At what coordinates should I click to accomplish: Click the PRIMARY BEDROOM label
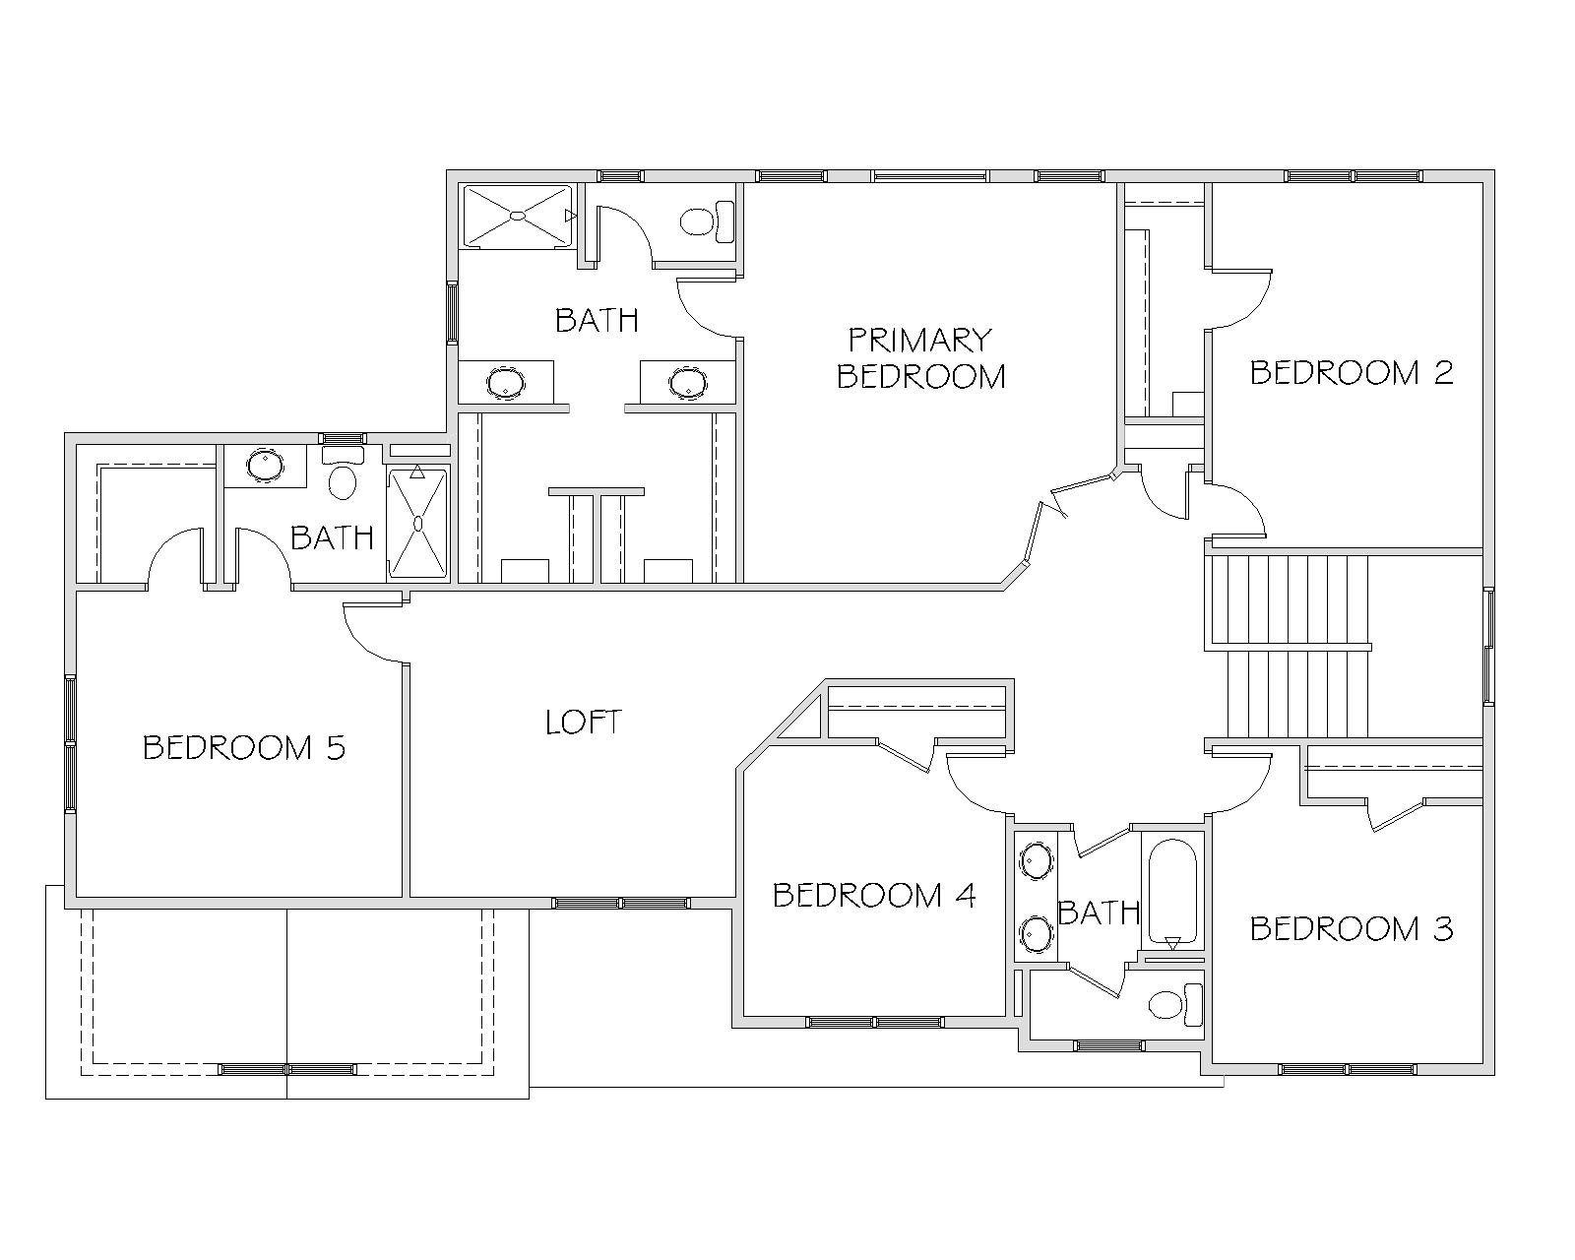[920, 358]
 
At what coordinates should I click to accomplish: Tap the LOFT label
[584, 722]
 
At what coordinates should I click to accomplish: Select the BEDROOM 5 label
[244, 747]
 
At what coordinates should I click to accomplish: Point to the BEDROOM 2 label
[1351, 373]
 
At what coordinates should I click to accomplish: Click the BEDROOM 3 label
[1351, 929]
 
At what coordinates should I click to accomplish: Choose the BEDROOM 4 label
[874, 896]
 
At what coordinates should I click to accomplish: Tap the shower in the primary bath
[518, 216]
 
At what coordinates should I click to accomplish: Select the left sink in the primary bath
[506, 382]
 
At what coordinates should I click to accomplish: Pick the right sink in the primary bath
[688, 382]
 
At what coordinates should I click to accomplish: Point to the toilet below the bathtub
[1175, 1004]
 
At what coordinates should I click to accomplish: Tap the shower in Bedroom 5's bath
[417, 523]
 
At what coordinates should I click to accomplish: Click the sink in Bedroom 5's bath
[265, 465]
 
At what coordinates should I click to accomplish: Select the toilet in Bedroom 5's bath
[343, 473]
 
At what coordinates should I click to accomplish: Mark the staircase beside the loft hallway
[1288, 646]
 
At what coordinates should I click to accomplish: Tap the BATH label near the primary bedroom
[597, 320]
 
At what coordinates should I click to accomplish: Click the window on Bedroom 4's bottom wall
[874, 1022]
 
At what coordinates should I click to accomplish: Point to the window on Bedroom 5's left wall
[70, 743]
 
